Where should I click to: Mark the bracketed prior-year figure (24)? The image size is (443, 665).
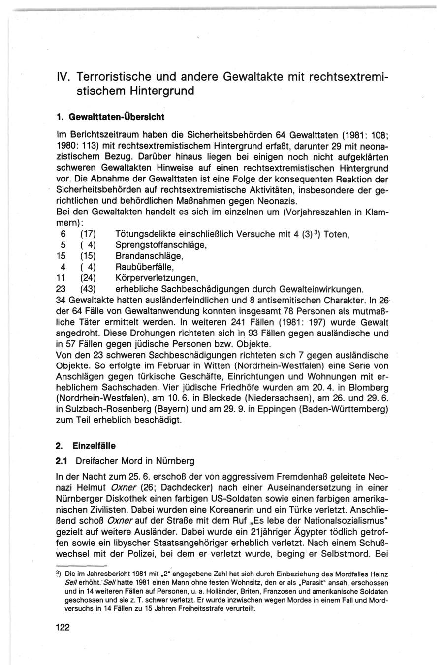[x=88, y=278]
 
